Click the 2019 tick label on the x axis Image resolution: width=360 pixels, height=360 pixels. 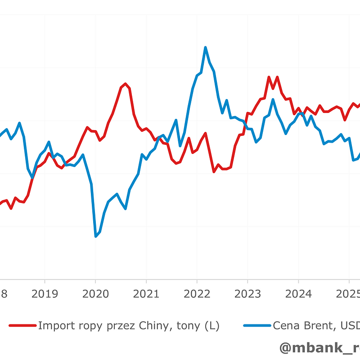pos(45,294)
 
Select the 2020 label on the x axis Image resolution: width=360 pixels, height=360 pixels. pos(95,294)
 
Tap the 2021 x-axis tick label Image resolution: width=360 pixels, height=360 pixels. pos(146,294)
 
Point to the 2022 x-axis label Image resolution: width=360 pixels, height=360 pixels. pos(197,294)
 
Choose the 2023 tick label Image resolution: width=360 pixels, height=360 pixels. pos(247,294)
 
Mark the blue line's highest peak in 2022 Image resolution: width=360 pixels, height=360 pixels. pos(205,47)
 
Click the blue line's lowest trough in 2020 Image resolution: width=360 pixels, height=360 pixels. pos(95,236)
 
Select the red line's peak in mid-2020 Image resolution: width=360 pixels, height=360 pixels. pos(125,84)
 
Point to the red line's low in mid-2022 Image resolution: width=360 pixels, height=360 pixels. pos(214,172)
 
